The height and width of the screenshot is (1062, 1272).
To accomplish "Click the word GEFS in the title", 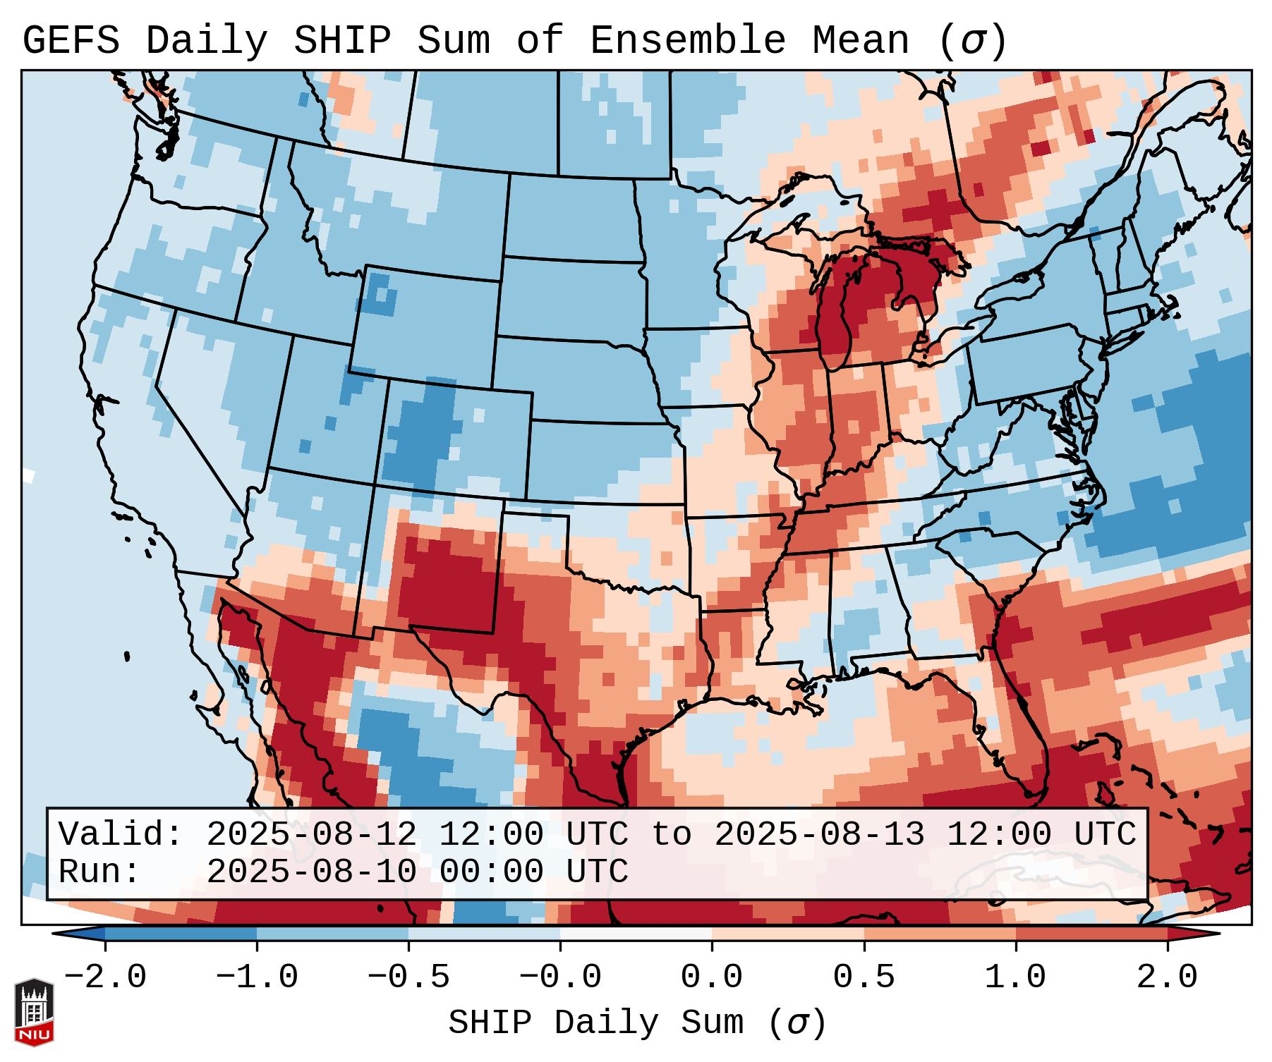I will tap(71, 41).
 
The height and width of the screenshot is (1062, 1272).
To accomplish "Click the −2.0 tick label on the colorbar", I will tap(105, 977).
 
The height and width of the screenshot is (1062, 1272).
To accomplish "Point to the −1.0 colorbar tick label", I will tap(257, 977).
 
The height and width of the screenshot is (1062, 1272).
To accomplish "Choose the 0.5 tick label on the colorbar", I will tap(864, 977).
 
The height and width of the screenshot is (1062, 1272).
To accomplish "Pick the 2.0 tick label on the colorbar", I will tap(1168, 977).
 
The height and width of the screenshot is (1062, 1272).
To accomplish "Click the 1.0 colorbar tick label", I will tap(1016, 977).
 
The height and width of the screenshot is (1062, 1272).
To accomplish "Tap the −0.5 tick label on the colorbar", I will tap(408, 977).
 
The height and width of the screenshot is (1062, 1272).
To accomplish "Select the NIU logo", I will tap(34, 1012).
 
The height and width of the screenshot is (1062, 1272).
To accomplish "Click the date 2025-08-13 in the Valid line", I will tap(819, 834).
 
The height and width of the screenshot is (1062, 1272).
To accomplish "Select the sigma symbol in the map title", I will tap(972, 42).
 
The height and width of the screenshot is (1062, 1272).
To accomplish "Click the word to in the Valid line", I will tap(671, 834).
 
